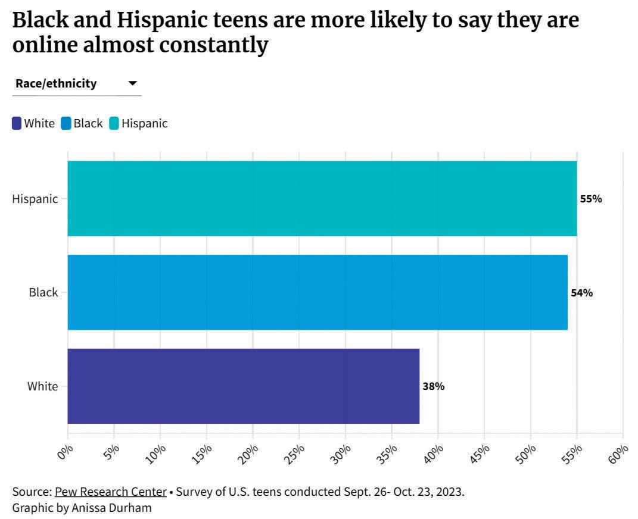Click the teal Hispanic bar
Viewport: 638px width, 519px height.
coord(322,198)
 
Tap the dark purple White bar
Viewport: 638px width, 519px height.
coord(243,386)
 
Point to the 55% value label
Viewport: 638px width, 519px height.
coord(591,199)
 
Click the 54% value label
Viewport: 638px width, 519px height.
coord(581,293)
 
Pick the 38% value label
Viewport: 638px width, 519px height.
coord(433,386)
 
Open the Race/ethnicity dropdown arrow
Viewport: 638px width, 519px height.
coord(133,83)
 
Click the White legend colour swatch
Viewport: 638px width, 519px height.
coord(17,124)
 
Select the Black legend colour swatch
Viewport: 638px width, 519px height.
coord(66,124)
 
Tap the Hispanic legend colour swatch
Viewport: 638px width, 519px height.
coord(114,124)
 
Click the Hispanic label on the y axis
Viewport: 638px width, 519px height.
coord(35,199)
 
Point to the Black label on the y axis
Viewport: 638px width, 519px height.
coord(43,293)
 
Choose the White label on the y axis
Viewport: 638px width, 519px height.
coord(43,386)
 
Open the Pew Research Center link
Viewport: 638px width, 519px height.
coord(111,492)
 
